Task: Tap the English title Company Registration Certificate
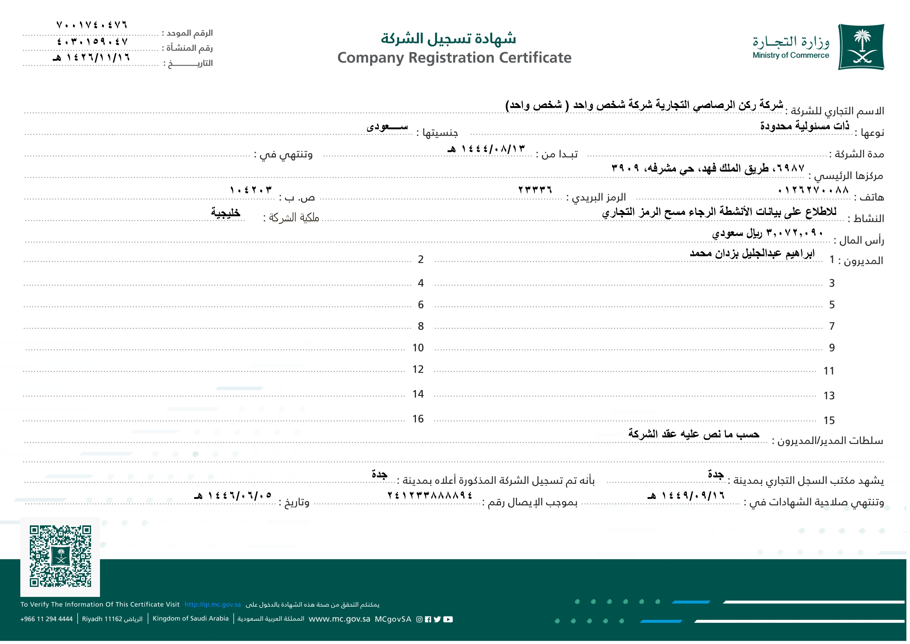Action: click(x=454, y=58)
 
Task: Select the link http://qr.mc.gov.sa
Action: click(x=212, y=604)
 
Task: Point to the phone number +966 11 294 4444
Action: click(x=46, y=619)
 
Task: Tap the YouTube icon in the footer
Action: click(x=448, y=619)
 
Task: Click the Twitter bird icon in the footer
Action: click(x=437, y=619)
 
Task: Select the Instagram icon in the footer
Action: click(x=419, y=619)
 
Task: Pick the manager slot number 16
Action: click(x=418, y=419)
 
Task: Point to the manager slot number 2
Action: click(x=420, y=259)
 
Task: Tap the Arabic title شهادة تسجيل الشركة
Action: click(x=448, y=38)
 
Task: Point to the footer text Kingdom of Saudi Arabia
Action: click(x=191, y=618)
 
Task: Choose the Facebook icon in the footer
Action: click(x=428, y=619)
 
